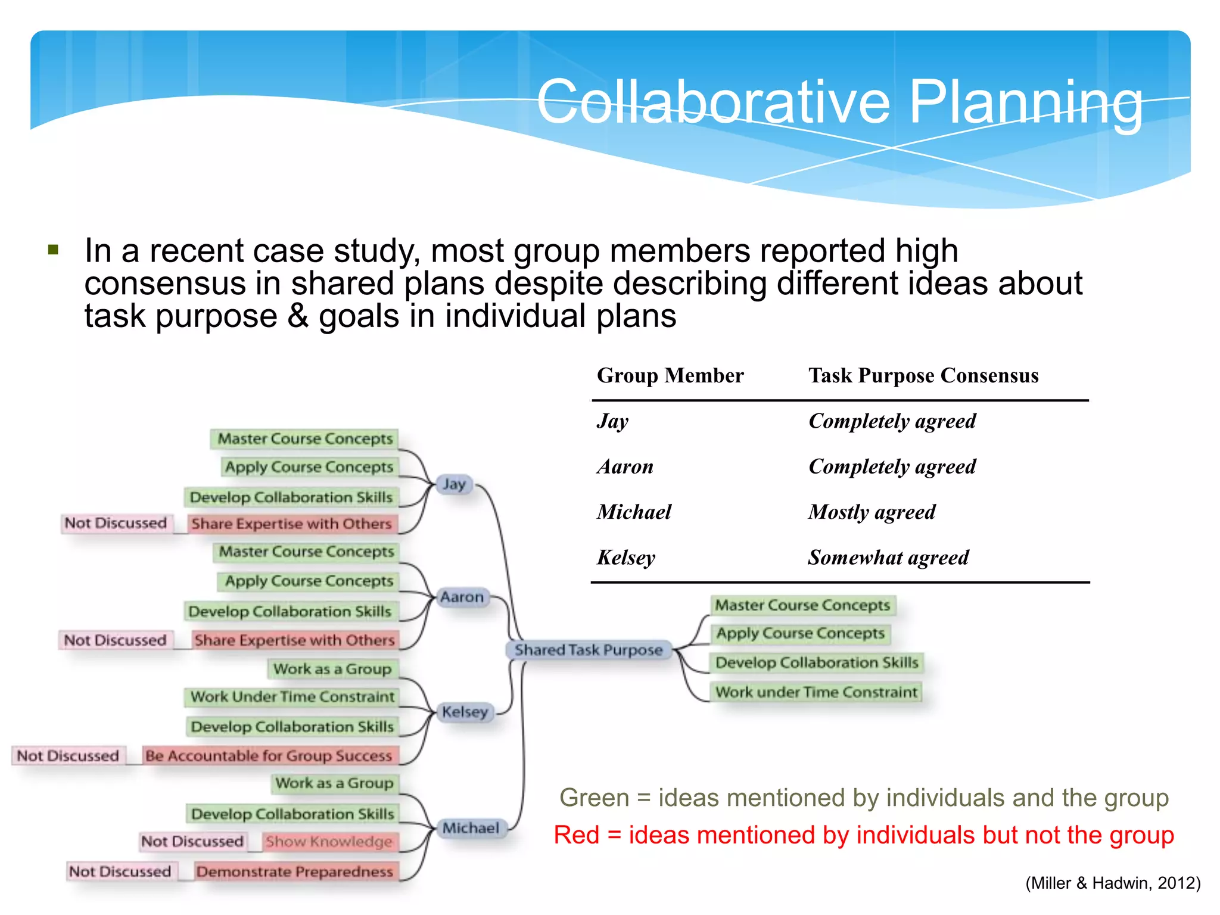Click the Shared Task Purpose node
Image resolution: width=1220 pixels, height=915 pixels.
[x=589, y=650]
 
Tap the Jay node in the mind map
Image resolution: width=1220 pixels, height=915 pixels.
[x=454, y=484]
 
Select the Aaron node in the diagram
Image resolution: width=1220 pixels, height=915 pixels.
[x=462, y=597]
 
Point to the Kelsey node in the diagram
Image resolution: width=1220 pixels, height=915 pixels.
[x=465, y=712]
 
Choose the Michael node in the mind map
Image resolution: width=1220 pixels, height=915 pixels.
[x=471, y=828]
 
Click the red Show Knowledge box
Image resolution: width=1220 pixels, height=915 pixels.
[x=329, y=842]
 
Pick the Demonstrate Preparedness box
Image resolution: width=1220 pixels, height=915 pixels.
[x=295, y=872]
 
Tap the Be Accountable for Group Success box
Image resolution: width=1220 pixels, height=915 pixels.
[x=269, y=755]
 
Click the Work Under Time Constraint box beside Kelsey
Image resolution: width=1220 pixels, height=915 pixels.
[x=292, y=696]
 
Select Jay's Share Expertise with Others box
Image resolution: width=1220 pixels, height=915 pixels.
[x=292, y=524]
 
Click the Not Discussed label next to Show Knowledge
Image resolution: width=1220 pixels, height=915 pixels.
[x=192, y=841]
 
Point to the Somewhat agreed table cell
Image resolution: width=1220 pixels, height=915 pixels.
[x=888, y=558]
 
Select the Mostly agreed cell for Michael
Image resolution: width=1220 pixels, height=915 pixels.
[x=872, y=512]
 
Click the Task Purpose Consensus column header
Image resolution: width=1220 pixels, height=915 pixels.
[x=923, y=376]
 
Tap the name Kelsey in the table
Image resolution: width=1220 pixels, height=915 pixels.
[x=626, y=558]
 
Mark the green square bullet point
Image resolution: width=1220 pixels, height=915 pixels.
[x=54, y=250]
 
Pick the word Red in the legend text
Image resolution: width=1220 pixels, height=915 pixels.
[x=575, y=835]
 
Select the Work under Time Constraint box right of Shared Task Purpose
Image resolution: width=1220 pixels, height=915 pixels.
[x=816, y=692]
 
